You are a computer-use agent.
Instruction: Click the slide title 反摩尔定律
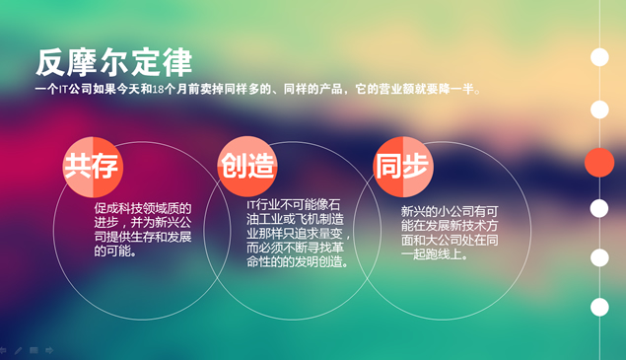[x=113, y=60]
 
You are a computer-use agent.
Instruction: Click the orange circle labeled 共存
[x=92, y=166]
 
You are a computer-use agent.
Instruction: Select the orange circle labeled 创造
[x=247, y=166]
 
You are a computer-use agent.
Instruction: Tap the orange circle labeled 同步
[x=403, y=166]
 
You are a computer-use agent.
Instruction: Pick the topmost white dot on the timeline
[x=599, y=57]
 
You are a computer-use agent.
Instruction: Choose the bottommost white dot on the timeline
[x=599, y=307]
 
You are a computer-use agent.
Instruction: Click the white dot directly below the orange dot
[x=599, y=208]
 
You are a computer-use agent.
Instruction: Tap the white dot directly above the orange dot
[x=599, y=109]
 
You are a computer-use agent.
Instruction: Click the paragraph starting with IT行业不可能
[x=299, y=234]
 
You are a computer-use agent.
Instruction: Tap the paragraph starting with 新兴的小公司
[x=450, y=232]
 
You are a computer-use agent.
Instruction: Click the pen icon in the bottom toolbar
[x=18, y=350]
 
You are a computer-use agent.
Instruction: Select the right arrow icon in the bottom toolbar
[x=49, y=350]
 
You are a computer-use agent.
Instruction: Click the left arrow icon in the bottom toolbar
[x=4, y=350]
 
